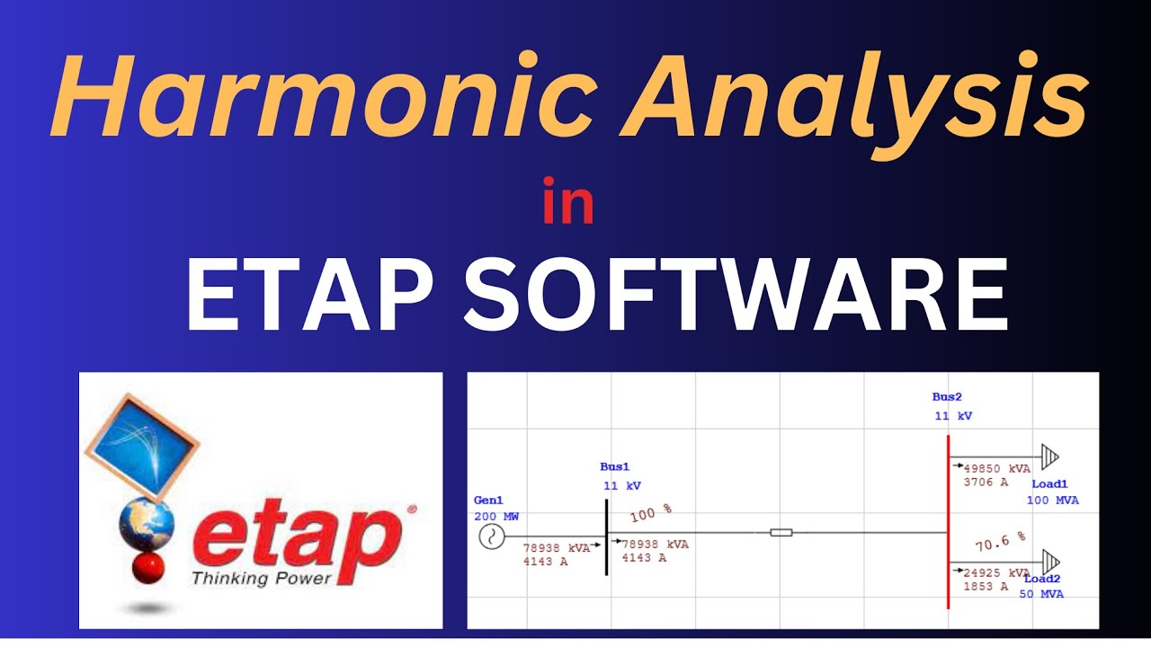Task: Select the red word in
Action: click(x=568, y=204)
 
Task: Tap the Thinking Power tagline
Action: click(x=261, y=577)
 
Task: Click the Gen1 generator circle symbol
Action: click(x=491, y=537)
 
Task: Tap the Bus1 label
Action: click(x=615, y=466)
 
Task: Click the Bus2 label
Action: click(x=948, y=396)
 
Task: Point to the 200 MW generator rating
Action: click(x=496, y=517)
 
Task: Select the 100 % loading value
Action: click(x=650, y=514)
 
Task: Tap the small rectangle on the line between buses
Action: click(x=781, y=533)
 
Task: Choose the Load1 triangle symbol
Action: click(x=1049, y=456)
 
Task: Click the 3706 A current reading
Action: click(x=986, y=482)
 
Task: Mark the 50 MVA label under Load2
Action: click(x=1041, y=594)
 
